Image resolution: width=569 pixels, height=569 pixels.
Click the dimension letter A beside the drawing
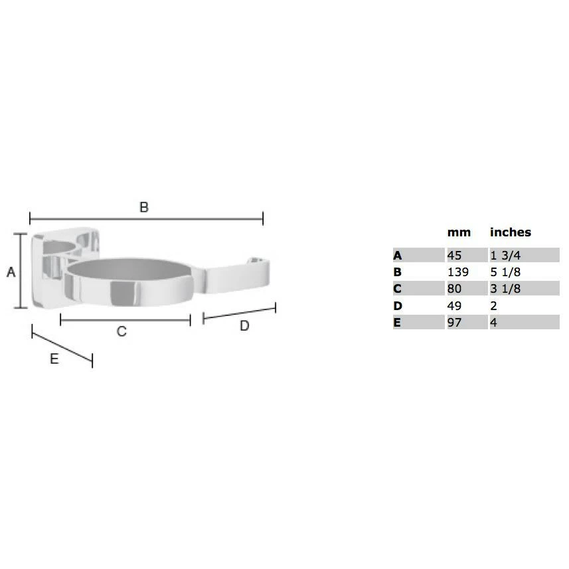pyautogui.click(x=11, y=272)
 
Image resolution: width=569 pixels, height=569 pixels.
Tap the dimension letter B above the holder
pyautogui.click(x=144, y=207)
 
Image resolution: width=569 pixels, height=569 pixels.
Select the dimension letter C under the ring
pyautogui.click(x=122, y=331)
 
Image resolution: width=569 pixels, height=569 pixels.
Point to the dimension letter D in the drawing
pyautogui.click(x=244, y=326)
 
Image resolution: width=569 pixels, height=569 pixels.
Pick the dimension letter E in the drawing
pyautogui.click(x=54, y=359)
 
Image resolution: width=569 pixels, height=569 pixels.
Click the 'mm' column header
pyautogui.click(x=459, y=232)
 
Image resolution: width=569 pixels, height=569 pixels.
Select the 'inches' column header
pyautogui.click(x=511, y=232)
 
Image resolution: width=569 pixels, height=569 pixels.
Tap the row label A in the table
pyautogui.click(x=397, y=256)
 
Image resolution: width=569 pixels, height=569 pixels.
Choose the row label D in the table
pyautogui.click(x=398, y=306)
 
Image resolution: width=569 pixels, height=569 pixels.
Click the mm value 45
pyautogui.click(x=454, y=256)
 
